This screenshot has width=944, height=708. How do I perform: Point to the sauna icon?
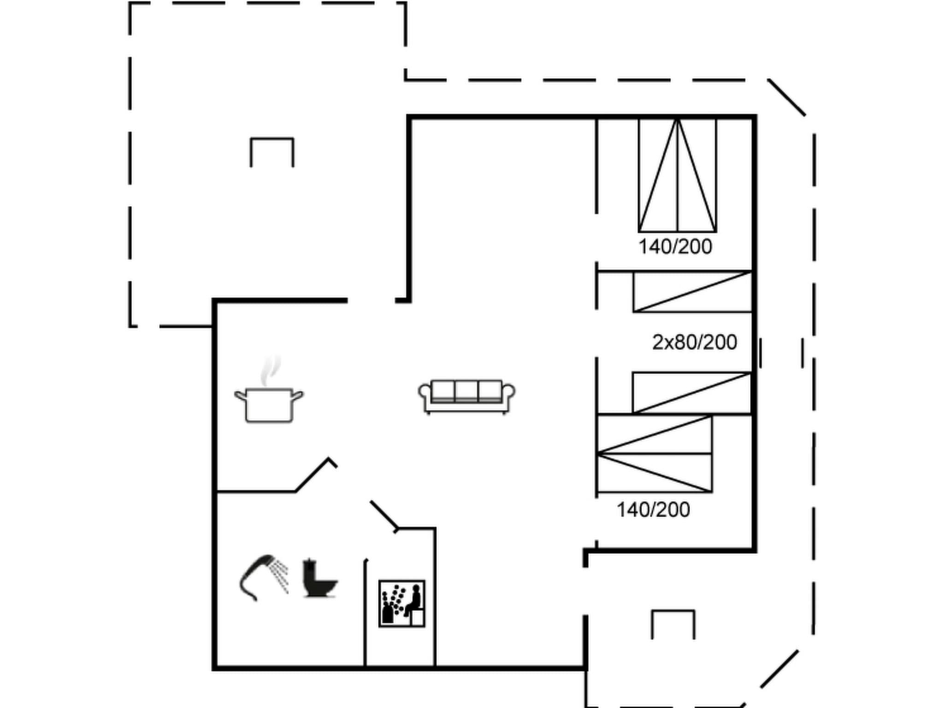[x=401, y=603]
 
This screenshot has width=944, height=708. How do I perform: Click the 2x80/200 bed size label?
[x=694, y=342]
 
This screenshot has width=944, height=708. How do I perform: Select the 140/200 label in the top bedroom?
[x=675, y=247]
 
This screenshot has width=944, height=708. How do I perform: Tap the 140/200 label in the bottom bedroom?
[x=653, y=510]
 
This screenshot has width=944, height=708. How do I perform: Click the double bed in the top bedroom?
[x=677, y=175]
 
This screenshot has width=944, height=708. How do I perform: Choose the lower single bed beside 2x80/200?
[x=692, y=392]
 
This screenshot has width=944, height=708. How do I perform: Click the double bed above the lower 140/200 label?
[x=655, y=454]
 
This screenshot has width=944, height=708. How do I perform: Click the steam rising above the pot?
[x=270, y=370]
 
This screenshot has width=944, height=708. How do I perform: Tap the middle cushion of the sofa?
[x=466, y=390]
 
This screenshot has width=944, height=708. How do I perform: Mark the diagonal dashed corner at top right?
[x=786, y=97]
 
